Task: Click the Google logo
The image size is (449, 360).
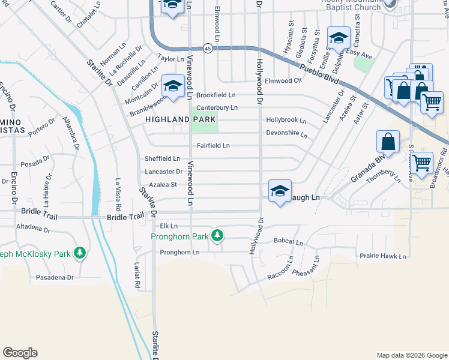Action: click(20, 353)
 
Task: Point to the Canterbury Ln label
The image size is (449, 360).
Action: click(217, 107)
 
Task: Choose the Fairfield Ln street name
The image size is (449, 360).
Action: click(213, 146)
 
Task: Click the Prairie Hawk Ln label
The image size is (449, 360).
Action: click(383, 256)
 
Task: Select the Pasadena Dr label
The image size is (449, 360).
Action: click(54, 277)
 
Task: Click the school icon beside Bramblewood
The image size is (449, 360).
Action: click(173, 85)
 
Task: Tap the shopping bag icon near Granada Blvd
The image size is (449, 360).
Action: click(388, 143)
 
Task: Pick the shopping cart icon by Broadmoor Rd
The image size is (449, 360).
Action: click(422, 161)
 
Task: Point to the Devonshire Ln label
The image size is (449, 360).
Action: click(287, 133)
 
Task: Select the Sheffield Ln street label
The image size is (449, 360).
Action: click(162, 158)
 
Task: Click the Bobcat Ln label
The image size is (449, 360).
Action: click(288, 241)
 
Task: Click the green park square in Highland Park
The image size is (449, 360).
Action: click(205, 122)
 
